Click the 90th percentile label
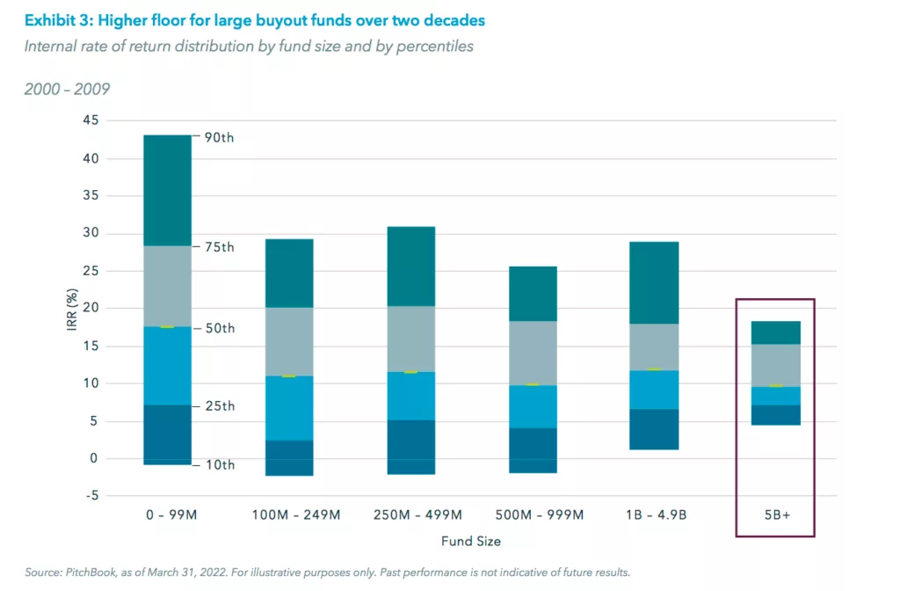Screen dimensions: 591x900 pyautogui.click(x=221, y=137)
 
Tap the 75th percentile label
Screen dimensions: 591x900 pyautogui.click(x=221, y=247)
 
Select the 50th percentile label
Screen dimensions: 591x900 pyautogui.click(x=221, y=328)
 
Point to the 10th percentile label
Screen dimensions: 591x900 pyautogui.click(x=221, y=464)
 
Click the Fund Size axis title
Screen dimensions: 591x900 pyautogui.click(x=470, y=541)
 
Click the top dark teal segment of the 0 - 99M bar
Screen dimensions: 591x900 pyautogui.click(x=167, y=190)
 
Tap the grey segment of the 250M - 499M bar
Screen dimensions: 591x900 pyautogui.click(x=410, y=339)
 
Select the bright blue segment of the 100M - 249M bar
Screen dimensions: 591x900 pyautogui.click(x=288, y=408)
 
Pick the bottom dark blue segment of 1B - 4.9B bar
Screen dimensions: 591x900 pyautogui.click(x=653, y=429)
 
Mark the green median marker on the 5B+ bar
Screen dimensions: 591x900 pyautogui.click(x=775, y=386)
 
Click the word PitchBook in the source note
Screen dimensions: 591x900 pyautogui.click(x=95, y=572)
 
